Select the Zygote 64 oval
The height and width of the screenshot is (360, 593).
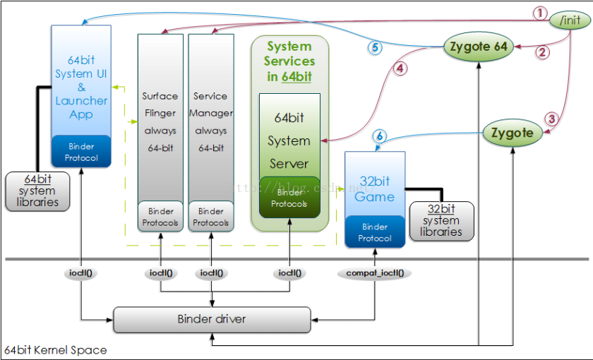click(x=478, y=47)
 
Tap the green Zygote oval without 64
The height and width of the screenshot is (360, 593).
click(x=513, y=133)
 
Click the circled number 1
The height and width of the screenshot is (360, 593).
click(x=539, y=13)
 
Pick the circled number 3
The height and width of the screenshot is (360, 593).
click(x=553, y=119)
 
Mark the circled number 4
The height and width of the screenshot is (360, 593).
click(x=401, y=69)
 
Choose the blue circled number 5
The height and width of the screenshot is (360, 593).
click(x=374, y=48)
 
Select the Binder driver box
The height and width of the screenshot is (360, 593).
click(x=212, y=320)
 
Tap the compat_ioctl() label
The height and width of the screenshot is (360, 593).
click(x=374, y=272)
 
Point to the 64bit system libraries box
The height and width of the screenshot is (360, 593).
click(x=37, y=191)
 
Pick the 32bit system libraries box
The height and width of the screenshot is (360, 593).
click(x=441, y=220)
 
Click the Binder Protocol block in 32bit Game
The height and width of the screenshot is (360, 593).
click(x=375, y=232)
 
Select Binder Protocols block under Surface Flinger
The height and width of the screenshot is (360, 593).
click(x=160, y=217)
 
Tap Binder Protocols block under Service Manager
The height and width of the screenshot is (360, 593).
click(x=211, y=217)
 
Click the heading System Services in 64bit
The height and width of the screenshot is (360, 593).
click(x=289, y=61)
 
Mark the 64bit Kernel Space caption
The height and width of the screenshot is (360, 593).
click(x=56, y=350)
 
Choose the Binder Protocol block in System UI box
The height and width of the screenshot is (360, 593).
click(x=81, y=152)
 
